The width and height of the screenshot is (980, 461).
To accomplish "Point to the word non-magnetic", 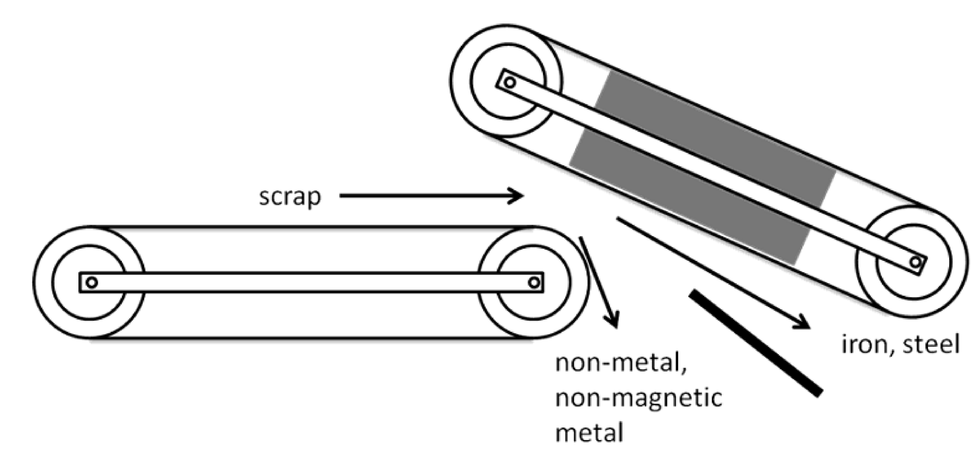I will click(638, 398).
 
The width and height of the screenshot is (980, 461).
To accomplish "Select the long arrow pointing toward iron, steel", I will click(711, 272).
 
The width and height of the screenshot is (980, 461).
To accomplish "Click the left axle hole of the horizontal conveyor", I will click(92, 283).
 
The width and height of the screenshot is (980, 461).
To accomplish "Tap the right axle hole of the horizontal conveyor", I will click(534, 283).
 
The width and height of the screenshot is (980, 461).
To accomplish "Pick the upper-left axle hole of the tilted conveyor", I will click(510, 82).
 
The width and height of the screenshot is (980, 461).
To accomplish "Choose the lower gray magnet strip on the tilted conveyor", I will click(685, 198).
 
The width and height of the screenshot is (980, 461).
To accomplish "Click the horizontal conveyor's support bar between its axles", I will click(312, 283).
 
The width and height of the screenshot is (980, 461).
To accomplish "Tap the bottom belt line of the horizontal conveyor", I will click(312, 338).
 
